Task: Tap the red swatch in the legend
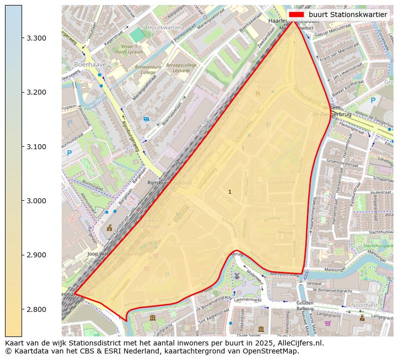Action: [x=297, y=15]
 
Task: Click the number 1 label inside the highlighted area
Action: [x=230, y=192]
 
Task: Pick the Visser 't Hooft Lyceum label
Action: [x=116, y=48]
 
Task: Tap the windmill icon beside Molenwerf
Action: [x=237, y=275]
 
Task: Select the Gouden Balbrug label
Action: [x=305, y=305]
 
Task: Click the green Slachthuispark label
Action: [x=378, y=246]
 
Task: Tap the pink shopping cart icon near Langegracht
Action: [x=327, y=323]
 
